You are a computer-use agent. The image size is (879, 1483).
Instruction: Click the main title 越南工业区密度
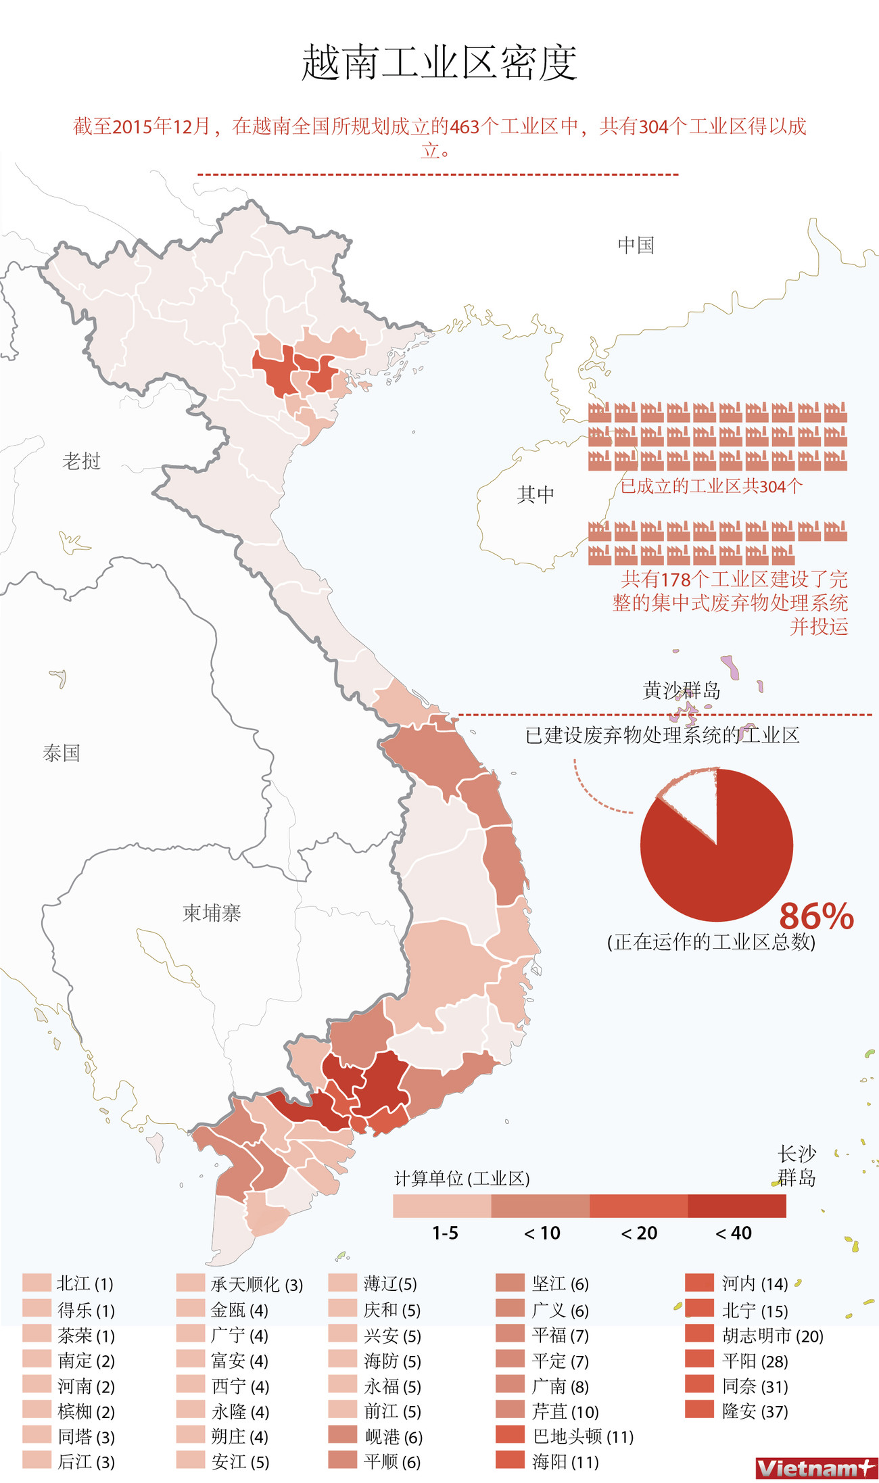(439, 63)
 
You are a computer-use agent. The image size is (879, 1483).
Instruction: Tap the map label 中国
(636, 245)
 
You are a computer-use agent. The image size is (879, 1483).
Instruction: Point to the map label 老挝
(81, 461)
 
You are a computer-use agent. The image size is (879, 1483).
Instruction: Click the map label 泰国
(62, 753)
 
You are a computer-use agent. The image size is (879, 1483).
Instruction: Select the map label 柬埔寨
(212, 913)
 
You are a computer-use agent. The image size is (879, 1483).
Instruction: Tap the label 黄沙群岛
(681, 690)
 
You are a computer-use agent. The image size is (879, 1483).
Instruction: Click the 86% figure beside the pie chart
(816, 916)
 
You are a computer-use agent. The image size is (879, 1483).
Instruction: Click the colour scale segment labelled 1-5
(442, 1206)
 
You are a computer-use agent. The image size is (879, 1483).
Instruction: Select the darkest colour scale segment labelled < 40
(736, 1206)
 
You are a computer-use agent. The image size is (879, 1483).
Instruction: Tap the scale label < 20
(639, 1233)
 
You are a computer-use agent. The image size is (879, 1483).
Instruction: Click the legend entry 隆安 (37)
(755, 1411)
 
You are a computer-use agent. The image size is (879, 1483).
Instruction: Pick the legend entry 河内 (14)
(755, 1284)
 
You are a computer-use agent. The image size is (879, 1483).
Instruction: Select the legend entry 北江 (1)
(85, 1284)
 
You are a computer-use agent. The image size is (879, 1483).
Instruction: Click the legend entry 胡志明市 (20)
(772, 1336)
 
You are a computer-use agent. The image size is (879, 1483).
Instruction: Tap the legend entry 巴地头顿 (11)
(582, 1436)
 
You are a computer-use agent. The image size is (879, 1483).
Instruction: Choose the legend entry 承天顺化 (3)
(256, 1284)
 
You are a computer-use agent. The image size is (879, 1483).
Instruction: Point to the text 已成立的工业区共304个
(711, 486)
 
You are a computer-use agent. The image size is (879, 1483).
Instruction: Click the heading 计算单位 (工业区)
(462, 1179)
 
